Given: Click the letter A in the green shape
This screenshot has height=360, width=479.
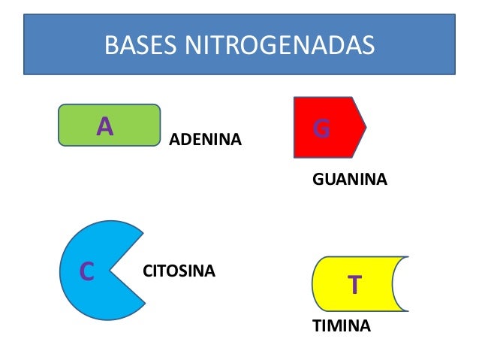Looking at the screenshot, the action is (105, 126).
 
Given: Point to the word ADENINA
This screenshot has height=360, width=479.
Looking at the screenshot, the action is (205, 140).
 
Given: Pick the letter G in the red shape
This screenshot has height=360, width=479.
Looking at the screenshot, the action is (321, 129).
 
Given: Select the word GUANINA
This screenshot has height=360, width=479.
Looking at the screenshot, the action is (349, 180).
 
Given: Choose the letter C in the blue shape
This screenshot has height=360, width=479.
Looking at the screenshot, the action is (86, 271).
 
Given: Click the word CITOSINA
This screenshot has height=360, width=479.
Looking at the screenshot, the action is (179, 270).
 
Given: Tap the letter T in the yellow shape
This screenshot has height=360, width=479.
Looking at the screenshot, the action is (354, 285).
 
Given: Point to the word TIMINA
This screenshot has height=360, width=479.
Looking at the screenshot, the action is (341, 326).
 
